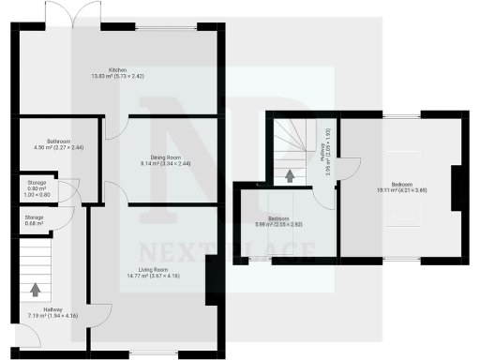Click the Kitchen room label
[x=117, y=68]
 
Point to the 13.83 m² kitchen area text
[x=117, y=76]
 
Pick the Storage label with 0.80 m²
[x=37, y=183]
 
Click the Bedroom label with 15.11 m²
[x=401, y=184]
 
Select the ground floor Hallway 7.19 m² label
[x=52, y=310]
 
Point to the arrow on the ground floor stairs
[x=37, y=292]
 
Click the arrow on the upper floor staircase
[x=290, y=174]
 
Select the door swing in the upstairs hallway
[x=347, y=170]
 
